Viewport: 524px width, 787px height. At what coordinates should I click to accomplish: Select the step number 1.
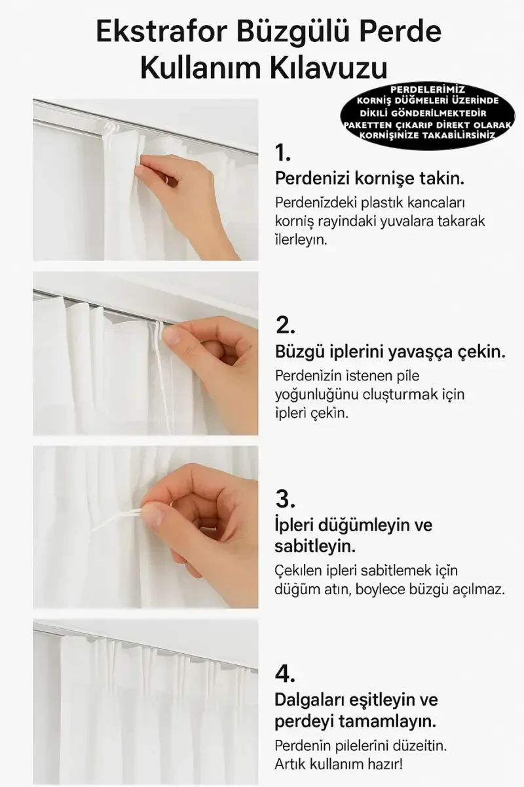tap(283, 153)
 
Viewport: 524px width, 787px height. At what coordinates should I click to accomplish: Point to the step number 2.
tap(286, 325)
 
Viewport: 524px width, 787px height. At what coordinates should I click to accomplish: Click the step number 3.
tap(285, 499)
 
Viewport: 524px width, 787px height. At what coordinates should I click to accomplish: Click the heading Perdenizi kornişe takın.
tap(369, 179)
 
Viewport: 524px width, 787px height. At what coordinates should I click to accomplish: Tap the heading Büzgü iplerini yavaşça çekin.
tap(390, 352)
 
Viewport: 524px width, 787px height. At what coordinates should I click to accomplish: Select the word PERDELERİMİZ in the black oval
tap(428, 90)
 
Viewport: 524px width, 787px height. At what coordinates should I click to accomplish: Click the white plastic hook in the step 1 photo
tap(111, 129)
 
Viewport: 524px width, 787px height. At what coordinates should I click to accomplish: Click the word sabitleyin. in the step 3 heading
tap(315, 546)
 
